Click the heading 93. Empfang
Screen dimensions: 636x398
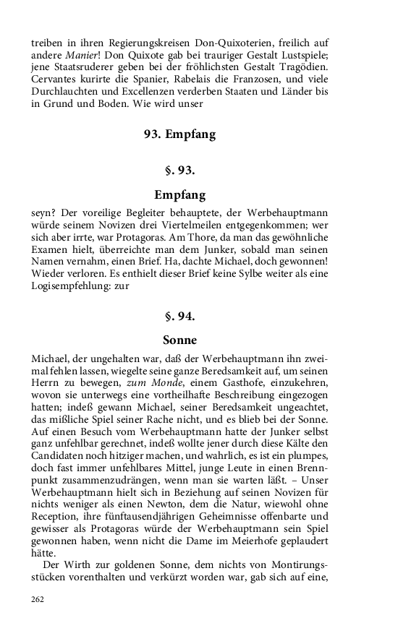pyautogui.click(x=180, y=134)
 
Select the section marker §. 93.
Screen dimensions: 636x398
pyautogui.click(x=180, y=171)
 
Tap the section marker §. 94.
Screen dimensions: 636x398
pyautogui.click(x=180, y=315)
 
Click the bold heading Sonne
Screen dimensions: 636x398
pyautogui.click(x=180, y=339)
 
